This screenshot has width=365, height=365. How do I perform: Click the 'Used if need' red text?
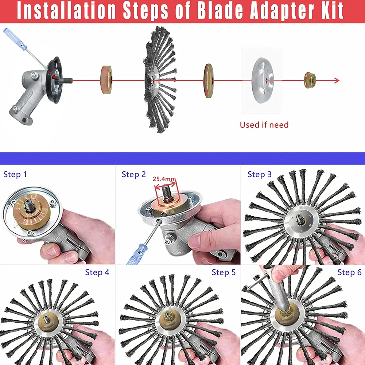pos(264,125)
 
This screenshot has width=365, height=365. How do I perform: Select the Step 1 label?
pos(15,174)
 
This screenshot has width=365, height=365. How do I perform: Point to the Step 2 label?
pos(133,174)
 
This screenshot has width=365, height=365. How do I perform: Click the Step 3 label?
pos(259,174)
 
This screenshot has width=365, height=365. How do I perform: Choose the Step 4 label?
pos(97,272)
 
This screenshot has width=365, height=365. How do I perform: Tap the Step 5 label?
pos(224,272)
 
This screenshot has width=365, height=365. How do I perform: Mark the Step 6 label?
pos(349,272)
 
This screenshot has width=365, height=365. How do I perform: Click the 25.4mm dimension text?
pos(164,179)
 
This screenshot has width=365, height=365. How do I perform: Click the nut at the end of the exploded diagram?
pos(310,81)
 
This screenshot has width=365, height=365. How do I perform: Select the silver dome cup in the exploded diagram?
pos(263,80)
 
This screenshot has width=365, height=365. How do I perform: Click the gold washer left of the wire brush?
pos(106,81)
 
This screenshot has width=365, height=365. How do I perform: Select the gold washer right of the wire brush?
pos(209,81)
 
